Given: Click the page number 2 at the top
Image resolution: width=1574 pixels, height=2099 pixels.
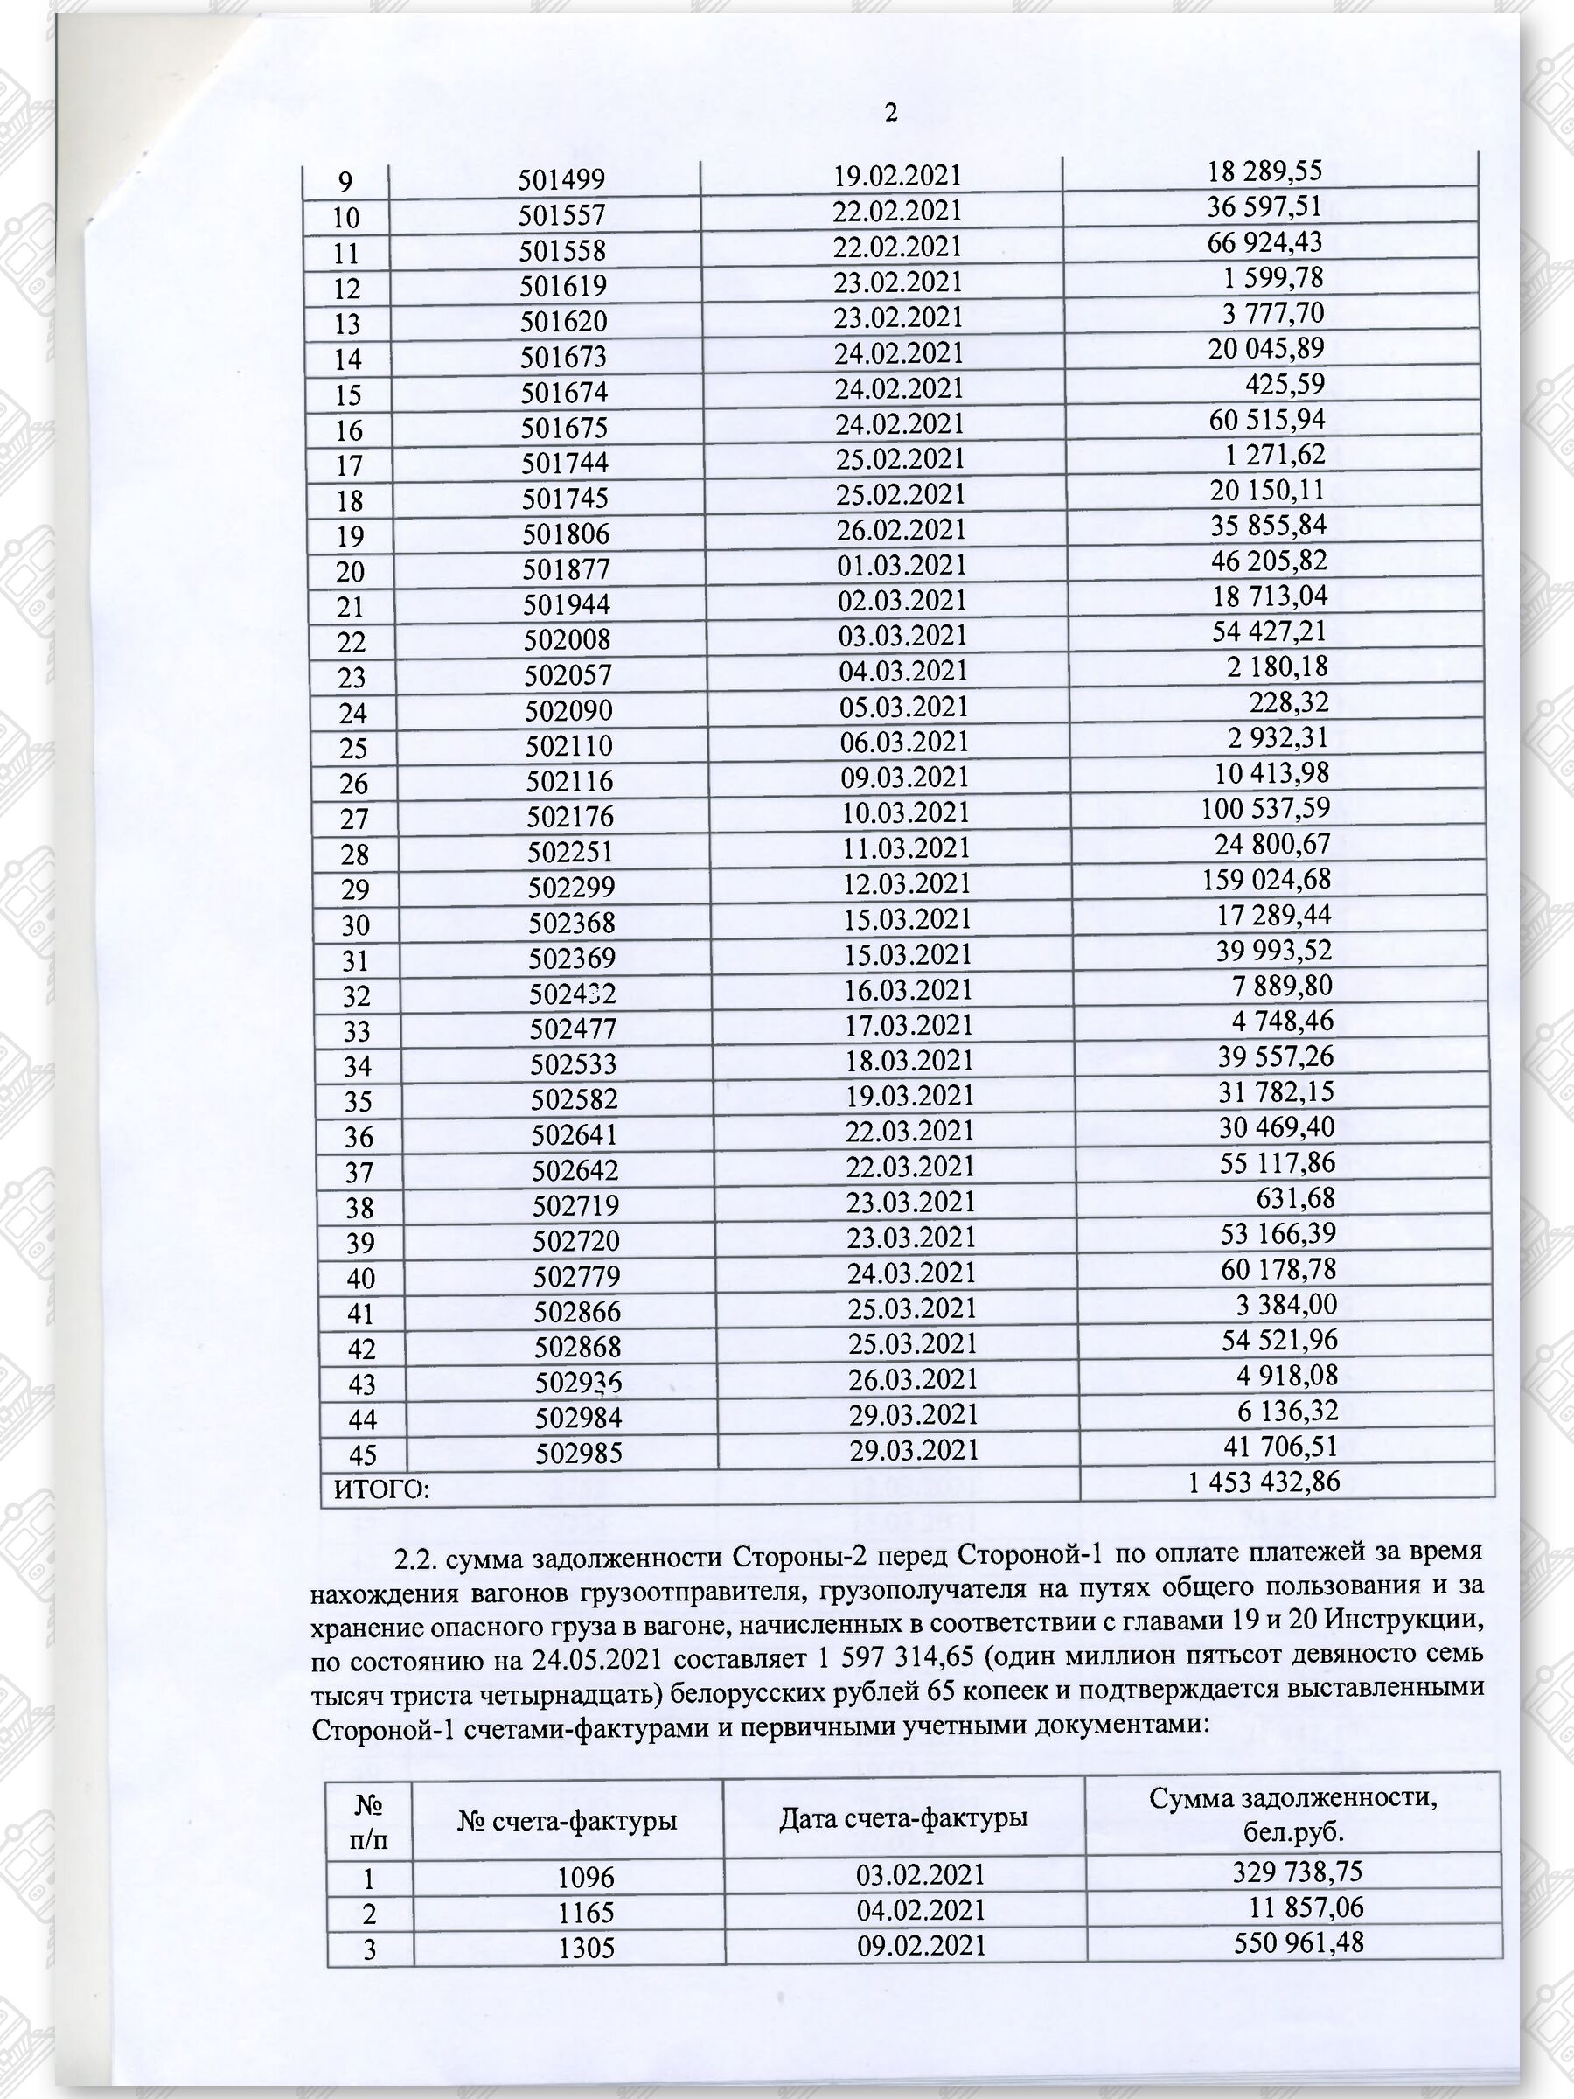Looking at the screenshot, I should tap(891, 114).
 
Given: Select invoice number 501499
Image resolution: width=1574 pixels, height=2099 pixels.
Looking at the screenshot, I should tap(561, 180).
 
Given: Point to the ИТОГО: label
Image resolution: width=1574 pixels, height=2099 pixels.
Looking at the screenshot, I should tap(381, 1489).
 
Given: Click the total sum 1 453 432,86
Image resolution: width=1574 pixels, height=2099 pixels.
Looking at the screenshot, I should tap(1264, 1482).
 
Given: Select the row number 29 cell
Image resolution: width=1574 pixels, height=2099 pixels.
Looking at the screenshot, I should tap(354, 890).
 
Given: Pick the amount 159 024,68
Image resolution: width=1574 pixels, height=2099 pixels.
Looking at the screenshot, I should tap(1266, 880).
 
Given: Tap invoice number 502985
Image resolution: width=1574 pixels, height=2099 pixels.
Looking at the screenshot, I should tap(579, 1454).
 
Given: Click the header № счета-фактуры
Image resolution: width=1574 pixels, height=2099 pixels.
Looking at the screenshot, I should tap(568, 1821).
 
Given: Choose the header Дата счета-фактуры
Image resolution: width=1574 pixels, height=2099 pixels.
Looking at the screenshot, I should tap(903, 1818).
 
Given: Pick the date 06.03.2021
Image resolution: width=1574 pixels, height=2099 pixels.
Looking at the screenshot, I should tap(905, 742).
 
